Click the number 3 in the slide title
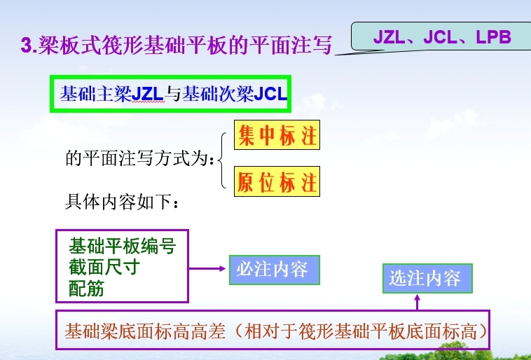[x=27, y=45]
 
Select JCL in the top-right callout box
[x=440, y=37]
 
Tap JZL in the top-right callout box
[x=389, y=37]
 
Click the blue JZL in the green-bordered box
[x=147, y=94]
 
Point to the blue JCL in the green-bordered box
[x=270, y=94]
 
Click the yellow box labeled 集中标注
[x=277, y=134]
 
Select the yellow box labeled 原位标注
[x=277, y=181]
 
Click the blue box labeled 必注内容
[x=275, y=270]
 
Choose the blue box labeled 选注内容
[x=427, y=278]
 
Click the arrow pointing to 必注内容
[x=207, y=268]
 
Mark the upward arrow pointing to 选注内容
[x=418, y=302]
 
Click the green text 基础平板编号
[x=123, y=246]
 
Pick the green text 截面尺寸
[x=104, y=268]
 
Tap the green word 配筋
[x=86, y=289]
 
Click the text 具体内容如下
[x=121, y=202]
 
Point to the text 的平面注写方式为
[x=139, y=158]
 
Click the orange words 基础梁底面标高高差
[x=145, y=331]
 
